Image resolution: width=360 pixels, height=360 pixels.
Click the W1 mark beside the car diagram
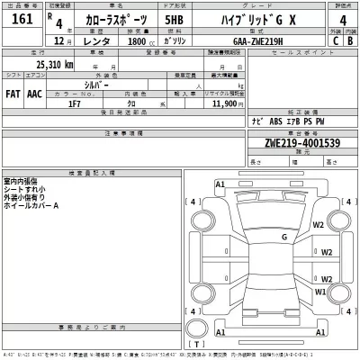coord(319,292)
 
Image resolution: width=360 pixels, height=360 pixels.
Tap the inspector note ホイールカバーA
coord(32,206)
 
